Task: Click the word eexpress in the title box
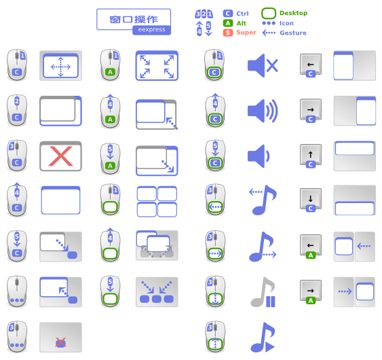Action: (x=151, y=29)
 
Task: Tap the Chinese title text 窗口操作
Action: (x=134, y=19)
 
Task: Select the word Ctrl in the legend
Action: (x=242, y=14)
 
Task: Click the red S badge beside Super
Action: (x=228, y=33)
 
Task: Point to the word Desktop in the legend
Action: (x=293, y=13)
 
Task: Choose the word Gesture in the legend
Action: (x=293, y=33)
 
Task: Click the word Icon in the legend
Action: (x=286, y=23)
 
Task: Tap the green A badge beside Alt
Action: (x=228, y=23)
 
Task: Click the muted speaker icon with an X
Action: (x=263, y=66)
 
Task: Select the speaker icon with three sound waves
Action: (x=263, y=111)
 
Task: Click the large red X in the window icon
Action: (x=60, y=156)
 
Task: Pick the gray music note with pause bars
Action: (x=263, y=292)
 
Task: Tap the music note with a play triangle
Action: (x=263, y=338)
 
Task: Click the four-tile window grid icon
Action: (x=157, y=202)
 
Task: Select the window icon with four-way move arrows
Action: (x=60, y=66)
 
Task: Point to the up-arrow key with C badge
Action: (x=311, y=156)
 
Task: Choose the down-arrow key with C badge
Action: (x=311, y=200)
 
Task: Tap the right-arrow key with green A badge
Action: (x=311, y=291)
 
